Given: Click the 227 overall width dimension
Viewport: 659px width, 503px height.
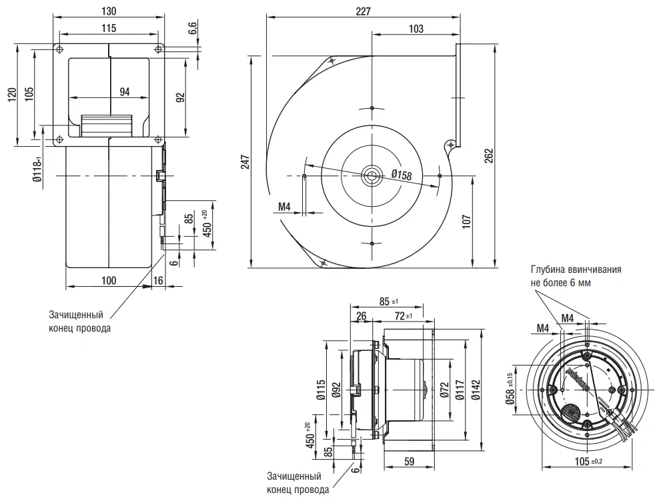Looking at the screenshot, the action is pyautogui.click(x=363, y=11).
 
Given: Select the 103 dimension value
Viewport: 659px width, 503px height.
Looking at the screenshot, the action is pyautogui.click(x=416, y=29).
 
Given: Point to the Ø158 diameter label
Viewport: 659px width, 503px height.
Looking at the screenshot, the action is pyautogui.click(x=402, y=174).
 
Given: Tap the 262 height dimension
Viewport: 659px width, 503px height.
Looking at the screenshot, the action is pyautogui.click(x=488, y=156).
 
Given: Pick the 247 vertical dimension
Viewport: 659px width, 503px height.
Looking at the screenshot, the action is pyautogui.click(x=245, y=162).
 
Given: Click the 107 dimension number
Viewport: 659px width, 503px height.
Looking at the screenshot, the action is pyautogui.click(x=466, y=222).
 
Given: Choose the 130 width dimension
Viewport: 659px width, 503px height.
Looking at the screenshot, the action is pyautogui.click(x=109, y=11).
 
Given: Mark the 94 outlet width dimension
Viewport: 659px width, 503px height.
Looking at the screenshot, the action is pyautogui.click(x=125, y=91).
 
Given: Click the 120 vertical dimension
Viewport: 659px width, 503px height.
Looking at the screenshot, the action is pyautogui.click(x=12, y=95).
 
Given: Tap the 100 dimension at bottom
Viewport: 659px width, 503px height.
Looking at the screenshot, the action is pyautogui.click(x=109, y=280).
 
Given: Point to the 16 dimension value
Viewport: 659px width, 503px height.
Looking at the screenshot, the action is pyautogui.click(x=158, y=280).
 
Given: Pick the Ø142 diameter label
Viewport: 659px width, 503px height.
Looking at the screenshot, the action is pyautogui.click(x=476, y=390).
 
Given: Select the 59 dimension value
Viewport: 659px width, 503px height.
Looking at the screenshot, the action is pyautogui.click(x=409, y=462).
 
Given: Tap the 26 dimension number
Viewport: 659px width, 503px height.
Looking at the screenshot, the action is pyautogui.click(x=361, y=316).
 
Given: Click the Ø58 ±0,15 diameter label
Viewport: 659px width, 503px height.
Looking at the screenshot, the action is pyautogui.click(x=510, y=389).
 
